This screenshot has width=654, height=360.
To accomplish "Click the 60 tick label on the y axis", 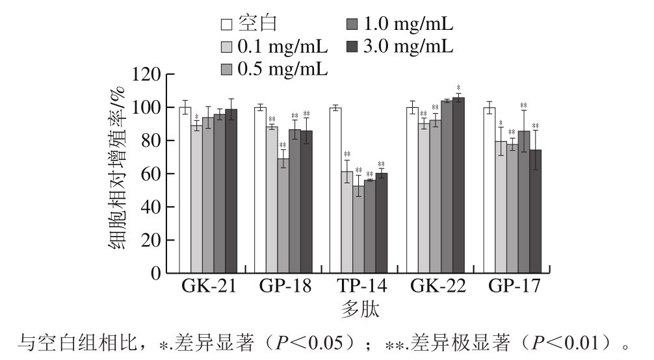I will click(151, 174).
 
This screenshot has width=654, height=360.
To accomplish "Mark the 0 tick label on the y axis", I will click(155, 274).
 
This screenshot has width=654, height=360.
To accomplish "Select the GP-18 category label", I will click(285, 287).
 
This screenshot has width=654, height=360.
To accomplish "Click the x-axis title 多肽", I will click(360, 309).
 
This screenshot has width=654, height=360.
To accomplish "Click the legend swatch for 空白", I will click(227, 25).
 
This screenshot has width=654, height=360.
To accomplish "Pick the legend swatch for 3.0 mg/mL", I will click(352, 46).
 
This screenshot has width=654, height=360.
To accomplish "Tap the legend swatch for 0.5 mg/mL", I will click(227, 68).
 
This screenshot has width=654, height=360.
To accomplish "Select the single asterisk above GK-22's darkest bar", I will click(458, 87).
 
